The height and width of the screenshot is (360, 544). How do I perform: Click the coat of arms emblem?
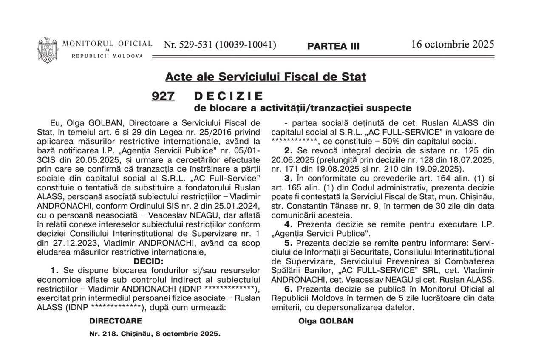[x=48, y=50]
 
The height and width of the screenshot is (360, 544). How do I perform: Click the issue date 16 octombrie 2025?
[x=453, y=44]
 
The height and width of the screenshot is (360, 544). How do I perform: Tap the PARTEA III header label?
[x=333, y=46]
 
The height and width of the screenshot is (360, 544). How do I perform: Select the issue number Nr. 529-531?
[x=220, y=45]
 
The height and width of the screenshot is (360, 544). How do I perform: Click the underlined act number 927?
[x=163, y=96]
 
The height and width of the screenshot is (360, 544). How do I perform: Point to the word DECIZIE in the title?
[x=229, y=96]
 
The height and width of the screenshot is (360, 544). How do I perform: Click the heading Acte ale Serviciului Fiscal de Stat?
[x=266, y=77]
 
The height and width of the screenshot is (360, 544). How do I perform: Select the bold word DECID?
[x=148, y=261]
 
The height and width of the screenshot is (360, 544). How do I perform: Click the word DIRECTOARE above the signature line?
[x=116, y=321]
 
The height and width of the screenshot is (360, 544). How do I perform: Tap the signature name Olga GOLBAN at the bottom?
[x=326, y=321]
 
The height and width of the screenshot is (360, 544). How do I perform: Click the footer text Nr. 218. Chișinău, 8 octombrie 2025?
[x=155, y=334]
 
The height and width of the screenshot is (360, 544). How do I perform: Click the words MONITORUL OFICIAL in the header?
[x=108, y=43]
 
